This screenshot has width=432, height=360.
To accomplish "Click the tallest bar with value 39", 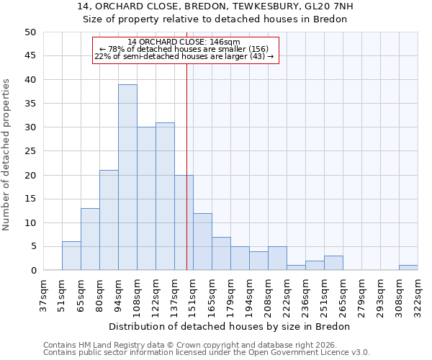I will point(127,177).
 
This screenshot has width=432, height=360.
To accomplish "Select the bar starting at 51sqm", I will point(71,256).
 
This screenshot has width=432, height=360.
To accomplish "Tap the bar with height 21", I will point(109,220).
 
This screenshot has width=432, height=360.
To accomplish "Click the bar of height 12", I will point(202,242).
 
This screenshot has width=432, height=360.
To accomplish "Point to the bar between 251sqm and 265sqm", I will point(333,263).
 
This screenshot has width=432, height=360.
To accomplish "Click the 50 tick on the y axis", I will point(30,32).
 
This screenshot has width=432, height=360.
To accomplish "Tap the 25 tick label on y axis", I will point(30,151).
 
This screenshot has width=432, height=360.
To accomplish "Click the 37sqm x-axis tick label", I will point(43,295).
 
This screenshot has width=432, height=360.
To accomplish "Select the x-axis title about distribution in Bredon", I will point(230,326).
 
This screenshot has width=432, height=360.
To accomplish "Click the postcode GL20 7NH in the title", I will point(328,6).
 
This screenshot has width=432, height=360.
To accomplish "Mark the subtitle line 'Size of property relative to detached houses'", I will point(215,19).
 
